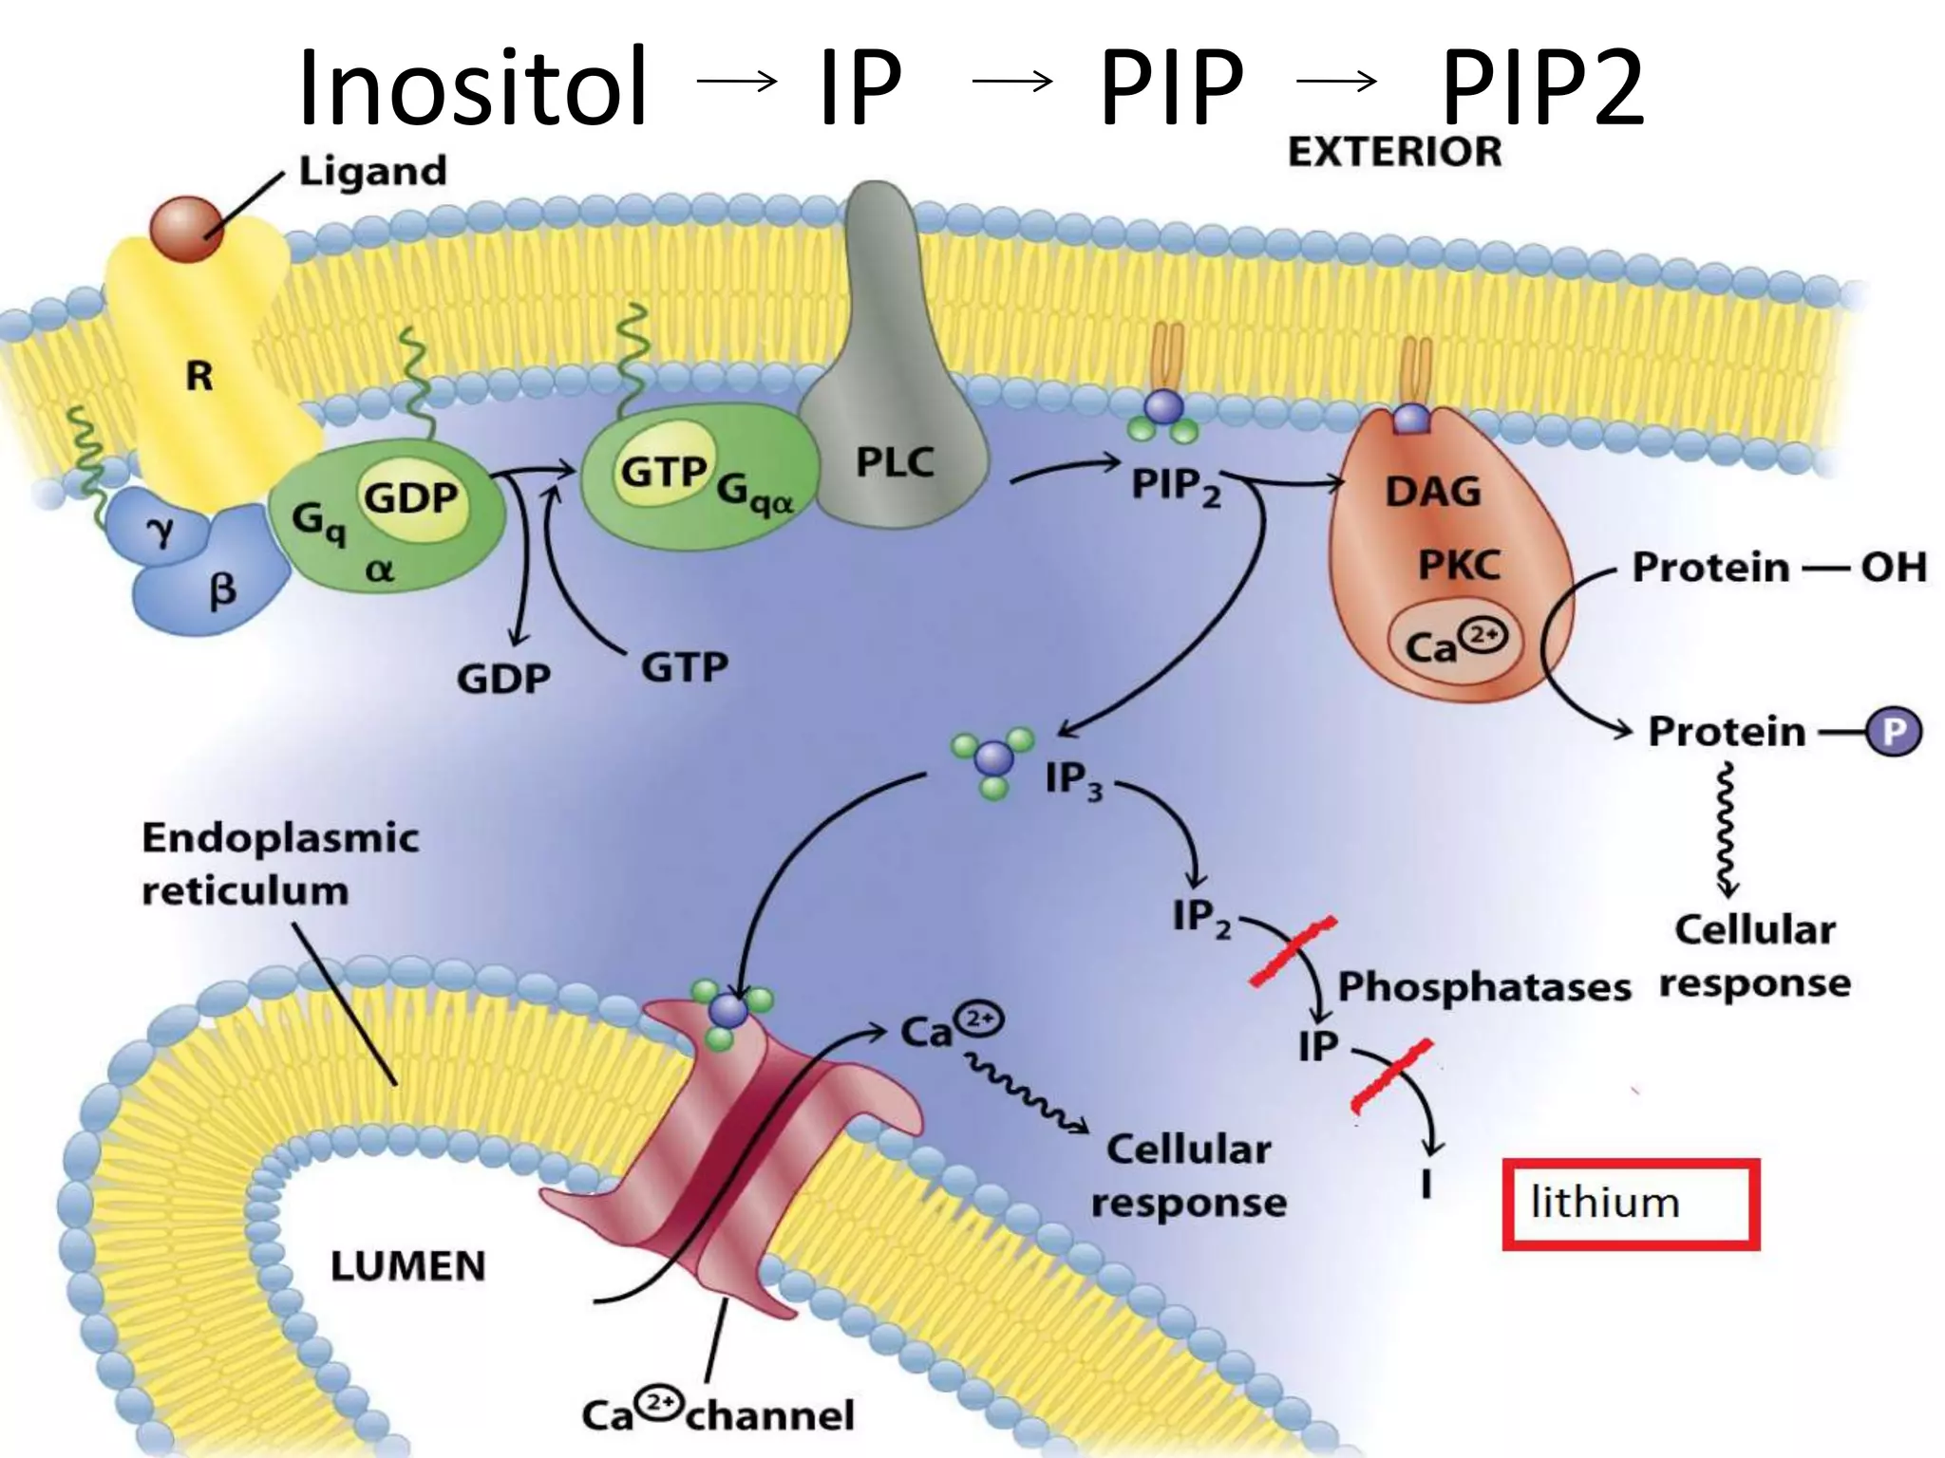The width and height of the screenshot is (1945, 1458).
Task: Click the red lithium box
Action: pyautogui.click(x=1630, y=1204)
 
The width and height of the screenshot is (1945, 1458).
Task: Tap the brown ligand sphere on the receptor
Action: pyautogui.click(x=187, y=229)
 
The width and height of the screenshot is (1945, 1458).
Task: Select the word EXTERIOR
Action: pyautogui.click(x=1394, y=152)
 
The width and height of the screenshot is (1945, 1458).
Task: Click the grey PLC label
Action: pyautogui.click(x=895, y=463)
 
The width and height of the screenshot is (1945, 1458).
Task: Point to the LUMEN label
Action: pyautogui.click(x=407, y=1266)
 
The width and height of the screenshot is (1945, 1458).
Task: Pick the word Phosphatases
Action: pyautogui.click(x=1483, y=987)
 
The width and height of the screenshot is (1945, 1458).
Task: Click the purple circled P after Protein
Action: pyautogui.click(x=1893, y=732)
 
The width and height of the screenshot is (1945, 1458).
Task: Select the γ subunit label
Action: pyautogui.click(x=162, y=533)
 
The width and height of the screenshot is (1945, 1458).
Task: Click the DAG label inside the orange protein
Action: pyautogui.click(x=1432, y=492)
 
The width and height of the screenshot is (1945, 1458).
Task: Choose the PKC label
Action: pyautogui.click(x=1459, y=567)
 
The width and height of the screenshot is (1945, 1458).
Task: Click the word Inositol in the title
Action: pyautogui.click(x=473, y=87)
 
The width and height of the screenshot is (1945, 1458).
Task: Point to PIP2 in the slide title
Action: pyautogui.click(x=1541, y=87)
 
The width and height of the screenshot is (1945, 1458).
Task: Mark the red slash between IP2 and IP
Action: pyautogui.click(x=1294, y=951)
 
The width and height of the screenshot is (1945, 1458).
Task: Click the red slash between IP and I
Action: pyautogui.click(x=1391, y=1075)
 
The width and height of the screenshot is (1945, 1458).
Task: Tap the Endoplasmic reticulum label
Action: pyautogui.click(x=280, y=864)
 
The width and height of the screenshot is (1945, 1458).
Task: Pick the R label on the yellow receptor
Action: pyautogui.click(x=198, y=377)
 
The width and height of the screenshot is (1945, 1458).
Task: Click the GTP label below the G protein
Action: pyautogui.click(x=684, y=667)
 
